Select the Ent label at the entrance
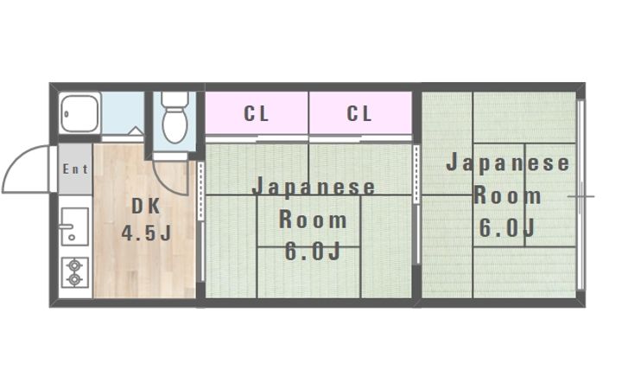74,169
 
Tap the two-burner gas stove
75,272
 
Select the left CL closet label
256,113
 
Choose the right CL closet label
359,113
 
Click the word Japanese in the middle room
314,188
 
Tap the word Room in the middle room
313,220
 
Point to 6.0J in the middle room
313,252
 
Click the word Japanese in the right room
508,163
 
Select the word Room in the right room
508,195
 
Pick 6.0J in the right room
508,227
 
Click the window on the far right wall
581,195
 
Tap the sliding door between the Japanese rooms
417,194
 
